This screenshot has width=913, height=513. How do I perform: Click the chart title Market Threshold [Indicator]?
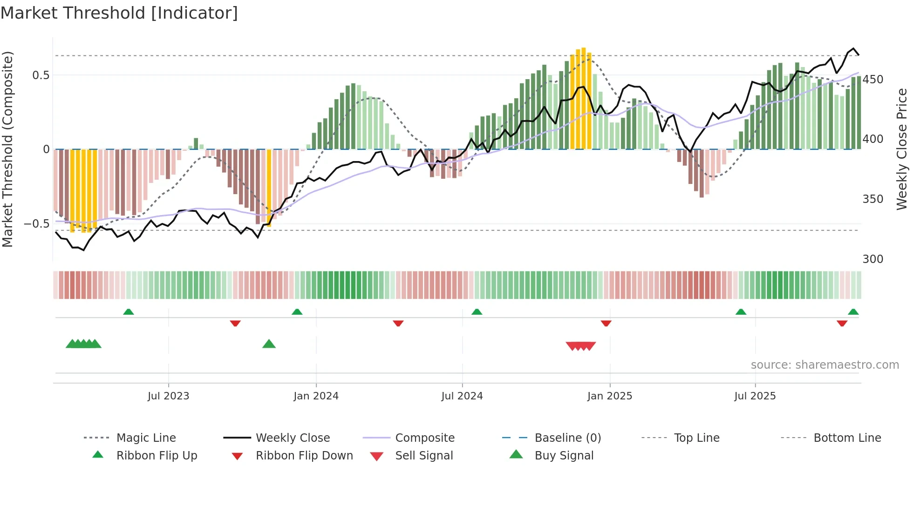(x=119, y=13)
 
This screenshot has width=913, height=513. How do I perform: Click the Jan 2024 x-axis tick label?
(x=316, y=396)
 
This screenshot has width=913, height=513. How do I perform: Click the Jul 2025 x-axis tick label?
(x=755, y=396)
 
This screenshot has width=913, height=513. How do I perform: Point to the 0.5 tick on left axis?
(x=41, y=75)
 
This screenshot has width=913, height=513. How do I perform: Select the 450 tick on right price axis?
(x=872, y=80)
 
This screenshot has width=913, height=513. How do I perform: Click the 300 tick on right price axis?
(x=872, y=259)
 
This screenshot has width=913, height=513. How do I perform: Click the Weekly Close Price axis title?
(x=902, y=149)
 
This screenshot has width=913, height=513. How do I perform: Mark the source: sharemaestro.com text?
(x=824, y=365)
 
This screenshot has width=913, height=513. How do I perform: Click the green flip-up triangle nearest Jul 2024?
(x=477, y=312)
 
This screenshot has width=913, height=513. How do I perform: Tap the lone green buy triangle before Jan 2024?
(x=269, y=344)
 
